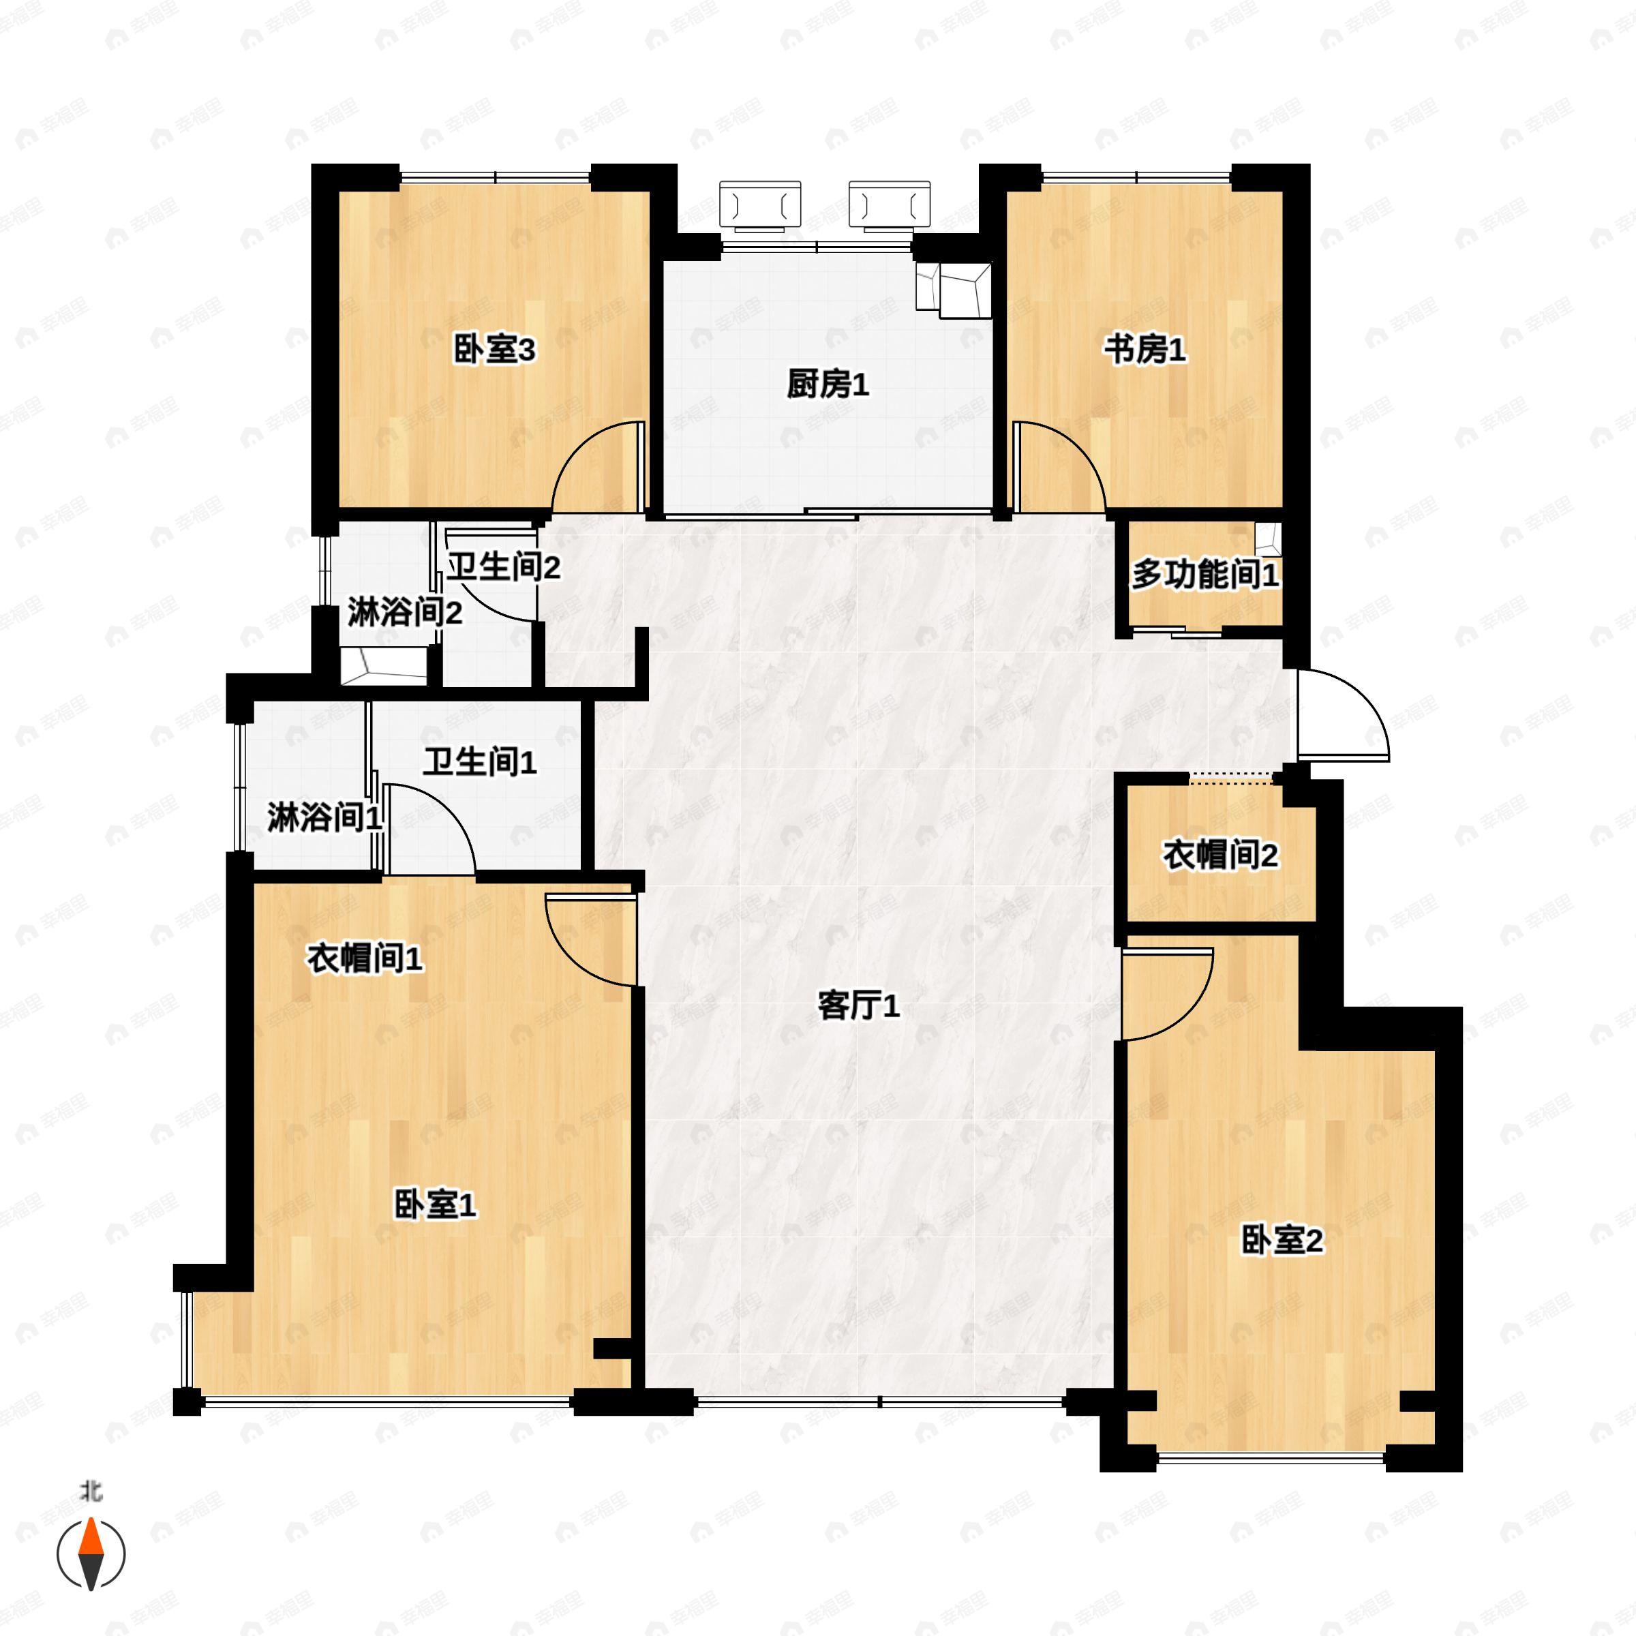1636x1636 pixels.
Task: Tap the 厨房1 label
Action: pos(828,385)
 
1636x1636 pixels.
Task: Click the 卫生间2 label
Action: pos(503,567)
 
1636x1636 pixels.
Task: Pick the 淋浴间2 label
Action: pos(405,612)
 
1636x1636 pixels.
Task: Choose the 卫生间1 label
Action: pos(479,762)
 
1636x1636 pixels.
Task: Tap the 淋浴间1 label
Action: pos(324,818)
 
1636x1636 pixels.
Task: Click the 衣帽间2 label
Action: pos(1220,855)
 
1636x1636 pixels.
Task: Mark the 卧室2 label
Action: pos(1282,1241)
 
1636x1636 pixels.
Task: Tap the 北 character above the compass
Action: pos(91,1491)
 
